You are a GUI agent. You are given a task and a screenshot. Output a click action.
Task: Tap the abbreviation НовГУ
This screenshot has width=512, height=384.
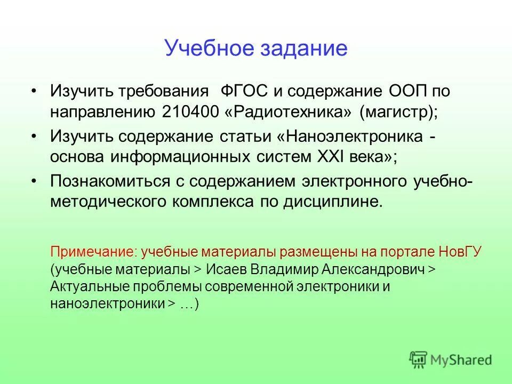pyautogui.click(x=462, y=252)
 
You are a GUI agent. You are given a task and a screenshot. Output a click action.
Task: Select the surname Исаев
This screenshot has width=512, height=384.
pyautogui.click(x=225, y=269)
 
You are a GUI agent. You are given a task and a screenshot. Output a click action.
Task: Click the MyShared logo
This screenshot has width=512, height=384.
pyautogui.click(x=451, y=359)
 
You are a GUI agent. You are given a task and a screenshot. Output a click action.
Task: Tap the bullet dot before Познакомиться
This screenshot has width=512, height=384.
pyautogui.click(x=34, y=182)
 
